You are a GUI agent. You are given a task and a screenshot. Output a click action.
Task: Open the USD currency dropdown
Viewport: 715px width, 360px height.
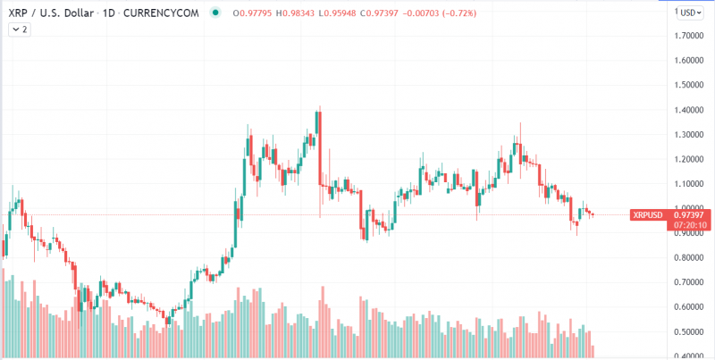690,13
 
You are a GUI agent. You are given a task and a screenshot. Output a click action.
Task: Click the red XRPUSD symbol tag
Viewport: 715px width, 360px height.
647,215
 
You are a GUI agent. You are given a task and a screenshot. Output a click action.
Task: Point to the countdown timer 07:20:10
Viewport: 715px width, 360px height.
691,225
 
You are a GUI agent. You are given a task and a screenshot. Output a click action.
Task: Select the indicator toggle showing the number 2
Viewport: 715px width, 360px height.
20,29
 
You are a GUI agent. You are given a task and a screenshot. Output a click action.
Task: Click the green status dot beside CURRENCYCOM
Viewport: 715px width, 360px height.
214,13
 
